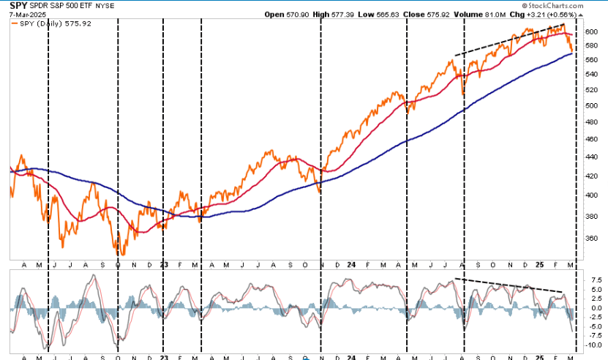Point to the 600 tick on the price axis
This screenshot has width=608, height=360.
[x=590, y=31]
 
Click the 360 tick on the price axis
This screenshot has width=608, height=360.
[x=590, y=239]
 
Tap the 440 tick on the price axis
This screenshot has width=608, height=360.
[x=590, y=157]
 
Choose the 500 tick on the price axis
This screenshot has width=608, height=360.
[x=590, y=105]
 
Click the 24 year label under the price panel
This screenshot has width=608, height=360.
[x=352, y=264]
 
